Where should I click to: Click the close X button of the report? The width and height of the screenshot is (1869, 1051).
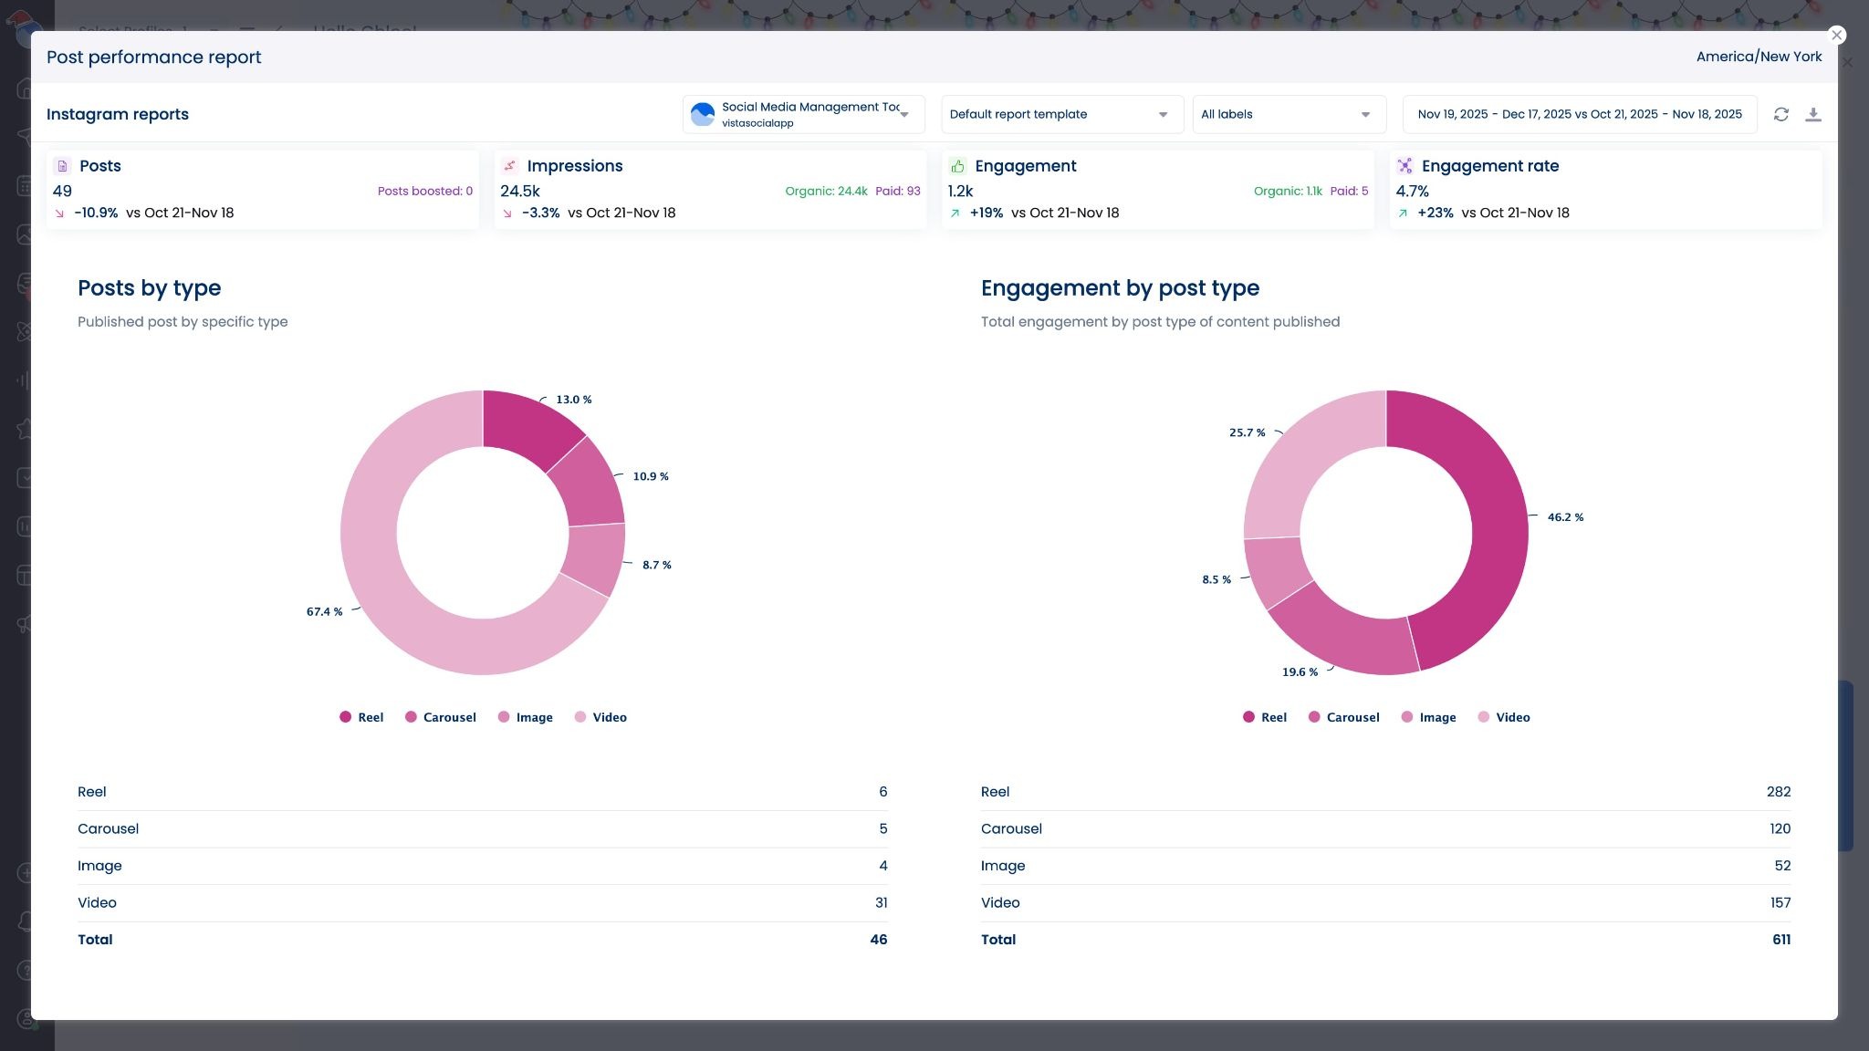point(1836,36)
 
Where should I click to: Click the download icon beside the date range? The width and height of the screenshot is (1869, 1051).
point(1812,114)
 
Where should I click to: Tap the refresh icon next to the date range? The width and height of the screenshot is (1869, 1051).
point(1780,114)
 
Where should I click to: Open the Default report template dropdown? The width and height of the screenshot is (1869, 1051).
point(1061,114)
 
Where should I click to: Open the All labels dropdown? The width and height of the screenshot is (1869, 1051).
point(1288,114)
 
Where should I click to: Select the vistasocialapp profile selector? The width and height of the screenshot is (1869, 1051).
point(802,114)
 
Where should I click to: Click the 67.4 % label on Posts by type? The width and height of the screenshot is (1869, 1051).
point(324,612)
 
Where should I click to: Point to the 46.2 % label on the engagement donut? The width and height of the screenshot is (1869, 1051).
point(1564,517)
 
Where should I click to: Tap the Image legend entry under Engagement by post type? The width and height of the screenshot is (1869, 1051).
point(1428,717)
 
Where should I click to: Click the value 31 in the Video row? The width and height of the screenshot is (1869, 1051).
point(881,902)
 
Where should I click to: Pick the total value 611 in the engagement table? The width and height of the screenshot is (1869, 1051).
point(1780,940)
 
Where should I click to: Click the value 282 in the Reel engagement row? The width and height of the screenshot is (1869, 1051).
point(1778,792)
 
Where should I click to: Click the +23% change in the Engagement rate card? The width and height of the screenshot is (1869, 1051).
point(1435,213)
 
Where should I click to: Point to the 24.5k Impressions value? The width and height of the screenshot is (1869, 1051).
point(519,191)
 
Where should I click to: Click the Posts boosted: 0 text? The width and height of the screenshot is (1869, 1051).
point(424,191)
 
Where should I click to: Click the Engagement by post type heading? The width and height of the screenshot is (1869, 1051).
point(1119,288)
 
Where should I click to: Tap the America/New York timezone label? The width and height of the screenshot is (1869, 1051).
point(1758,57)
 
